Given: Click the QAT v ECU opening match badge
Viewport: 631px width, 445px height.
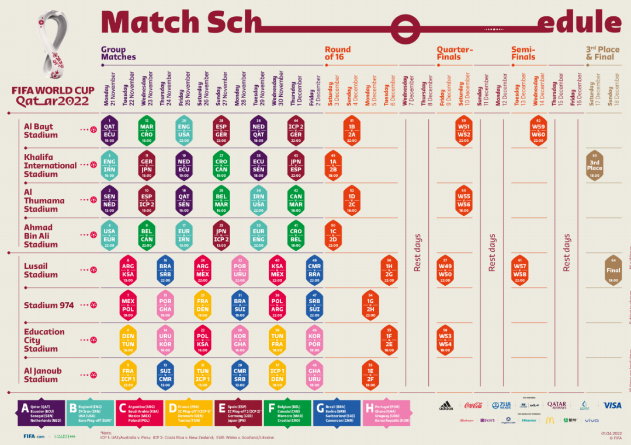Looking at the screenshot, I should [x=109, y=130].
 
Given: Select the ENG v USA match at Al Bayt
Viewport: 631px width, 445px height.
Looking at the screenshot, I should [x=184, y=130].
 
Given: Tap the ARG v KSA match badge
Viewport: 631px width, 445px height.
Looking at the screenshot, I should [x=128, y=270].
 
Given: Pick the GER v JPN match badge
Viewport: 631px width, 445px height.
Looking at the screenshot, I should [x=147, y=165].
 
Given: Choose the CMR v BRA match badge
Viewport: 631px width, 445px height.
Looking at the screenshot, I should [x=315, y=270].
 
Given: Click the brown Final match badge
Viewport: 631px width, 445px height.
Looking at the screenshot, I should [x=613, y=270].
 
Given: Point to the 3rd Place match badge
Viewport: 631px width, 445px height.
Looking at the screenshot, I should [x=595, y=165].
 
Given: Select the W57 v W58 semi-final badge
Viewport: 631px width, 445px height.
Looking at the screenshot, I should [x=520, y=270].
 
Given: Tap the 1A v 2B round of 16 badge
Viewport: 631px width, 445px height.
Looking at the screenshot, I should [x=333, y=165].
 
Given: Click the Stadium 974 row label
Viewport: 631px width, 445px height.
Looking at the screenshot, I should [x=49, y=305].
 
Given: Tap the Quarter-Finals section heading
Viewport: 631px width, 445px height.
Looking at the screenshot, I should [x=455, y=53].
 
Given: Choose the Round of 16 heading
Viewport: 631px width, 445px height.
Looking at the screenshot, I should [x=338, y=53].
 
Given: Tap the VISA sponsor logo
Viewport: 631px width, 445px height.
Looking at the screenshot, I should [x=612, y=405].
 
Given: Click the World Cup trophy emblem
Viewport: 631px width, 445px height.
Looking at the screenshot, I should [x=53, y=47].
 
